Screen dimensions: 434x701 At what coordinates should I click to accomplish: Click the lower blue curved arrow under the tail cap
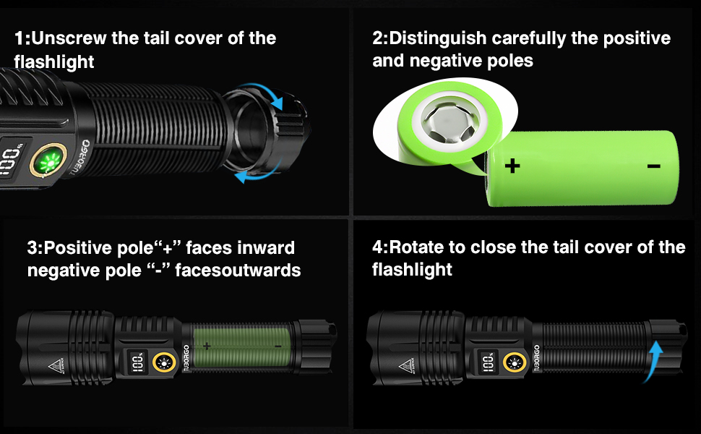pyautogui.click(x=255, y=176)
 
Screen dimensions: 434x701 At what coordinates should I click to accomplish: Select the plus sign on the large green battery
pyautogui.click(x=512, y=166)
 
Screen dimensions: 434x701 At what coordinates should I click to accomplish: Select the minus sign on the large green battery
pyautogui.click(x=653, y=166)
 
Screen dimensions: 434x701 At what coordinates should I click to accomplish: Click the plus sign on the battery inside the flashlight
pyautogui.click(x=207, y=346)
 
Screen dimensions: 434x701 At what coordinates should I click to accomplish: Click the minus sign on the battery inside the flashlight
pyautogui.click(x=278, y=346)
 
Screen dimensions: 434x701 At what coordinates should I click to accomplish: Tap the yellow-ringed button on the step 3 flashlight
pyautogui.click(x=166, y=362)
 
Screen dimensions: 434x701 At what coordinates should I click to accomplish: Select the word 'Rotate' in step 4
pyautogui.click(x=420, y=247)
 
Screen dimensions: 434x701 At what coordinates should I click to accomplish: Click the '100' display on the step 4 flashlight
pyautogui.click(x=489, y=362)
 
